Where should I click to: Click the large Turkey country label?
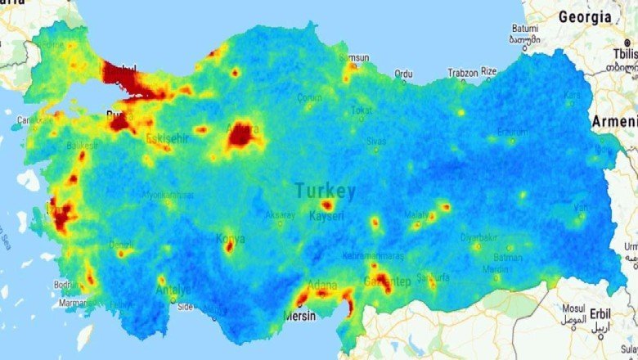click(326, 191)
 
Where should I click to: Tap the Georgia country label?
click(584, 16)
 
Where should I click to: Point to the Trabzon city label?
click(463, 73)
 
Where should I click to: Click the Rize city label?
click(489, 72)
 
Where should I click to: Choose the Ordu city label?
click(403, 74)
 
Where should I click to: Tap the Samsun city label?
click(355, 59)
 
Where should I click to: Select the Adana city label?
click(317, 285)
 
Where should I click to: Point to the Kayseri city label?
click(327, 216)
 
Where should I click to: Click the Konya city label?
click(230, 239)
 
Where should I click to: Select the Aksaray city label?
click(281, 215)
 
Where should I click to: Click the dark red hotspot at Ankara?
click(243, 135)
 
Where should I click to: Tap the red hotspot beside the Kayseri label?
click(326, 205)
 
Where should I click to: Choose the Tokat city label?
click(362, 110)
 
